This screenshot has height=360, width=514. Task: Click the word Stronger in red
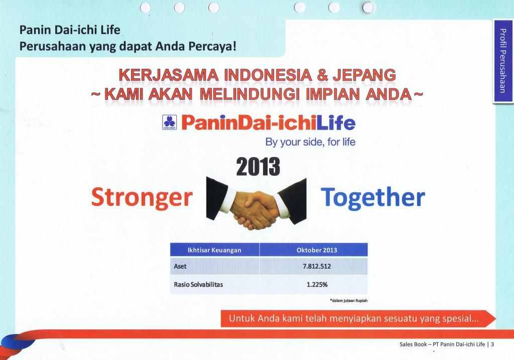[x=142, y=198]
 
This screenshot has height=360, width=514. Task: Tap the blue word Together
[x=373, y=197]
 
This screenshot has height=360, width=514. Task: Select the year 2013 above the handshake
[x=258, y=166]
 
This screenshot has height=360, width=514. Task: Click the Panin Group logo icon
[x=170, y=123]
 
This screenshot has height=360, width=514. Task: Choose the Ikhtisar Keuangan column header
[x=214, y=250]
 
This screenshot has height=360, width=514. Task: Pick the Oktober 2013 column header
[x=317, y=250]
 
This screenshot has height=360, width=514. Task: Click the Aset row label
[x=180, y=266]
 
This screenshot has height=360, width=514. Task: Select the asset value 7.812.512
[x=317, y=266]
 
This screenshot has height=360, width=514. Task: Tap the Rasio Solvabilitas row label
[x=198, y=284]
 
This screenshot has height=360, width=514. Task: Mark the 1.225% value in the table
[x=317, y=285]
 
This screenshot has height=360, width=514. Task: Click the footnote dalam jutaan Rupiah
[x=349, y=300]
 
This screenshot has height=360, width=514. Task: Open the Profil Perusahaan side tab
[x=503, y=61]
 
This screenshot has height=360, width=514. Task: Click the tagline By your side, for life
[x=310, y=142]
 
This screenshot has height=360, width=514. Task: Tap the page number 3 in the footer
[x=492, y=344]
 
